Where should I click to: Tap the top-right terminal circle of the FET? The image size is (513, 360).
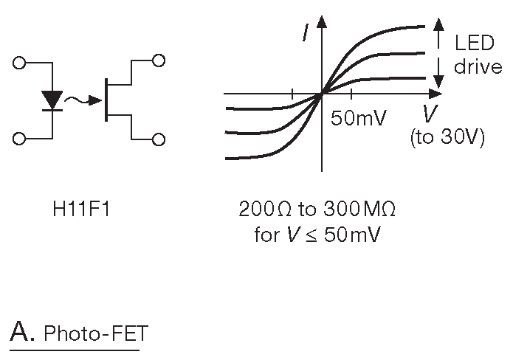point(158,60)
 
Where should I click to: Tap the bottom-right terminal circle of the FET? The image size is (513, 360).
point(158,139)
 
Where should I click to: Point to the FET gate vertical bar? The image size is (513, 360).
point(107,100)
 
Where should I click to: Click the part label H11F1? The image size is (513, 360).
point(76,210)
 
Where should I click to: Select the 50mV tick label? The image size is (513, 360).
point(358,119)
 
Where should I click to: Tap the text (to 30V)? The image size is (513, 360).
point(447,138)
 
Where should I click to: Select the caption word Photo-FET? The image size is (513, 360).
point(95,335)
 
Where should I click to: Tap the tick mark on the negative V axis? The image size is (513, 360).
point(292,94)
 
